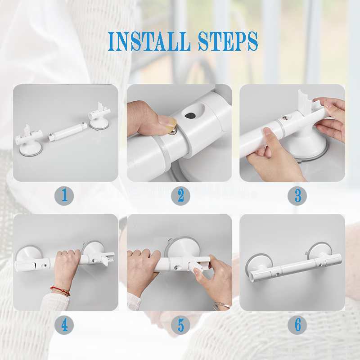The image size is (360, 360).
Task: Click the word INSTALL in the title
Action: click(149, 41)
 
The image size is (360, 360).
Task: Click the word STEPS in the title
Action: click(228, 41)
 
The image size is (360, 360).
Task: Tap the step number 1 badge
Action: click(64, 196)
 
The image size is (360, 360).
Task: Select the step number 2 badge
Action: click(180, 196)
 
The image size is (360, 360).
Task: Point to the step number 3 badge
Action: click(297, 196)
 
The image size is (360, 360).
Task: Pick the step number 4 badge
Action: click(64, 325)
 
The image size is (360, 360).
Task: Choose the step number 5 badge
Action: click(180, 325)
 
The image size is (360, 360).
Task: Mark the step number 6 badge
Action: click(297, 325)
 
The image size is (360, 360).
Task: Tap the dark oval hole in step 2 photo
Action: click(190, 116)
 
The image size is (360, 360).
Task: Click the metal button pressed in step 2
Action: click(173, 132)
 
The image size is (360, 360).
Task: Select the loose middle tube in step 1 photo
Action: click(67, 132)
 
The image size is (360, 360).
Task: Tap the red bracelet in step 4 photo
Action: click(61, 291)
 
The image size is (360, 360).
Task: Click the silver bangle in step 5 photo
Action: click(221, 306)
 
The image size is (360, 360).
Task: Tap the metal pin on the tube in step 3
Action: click(285, 118)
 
